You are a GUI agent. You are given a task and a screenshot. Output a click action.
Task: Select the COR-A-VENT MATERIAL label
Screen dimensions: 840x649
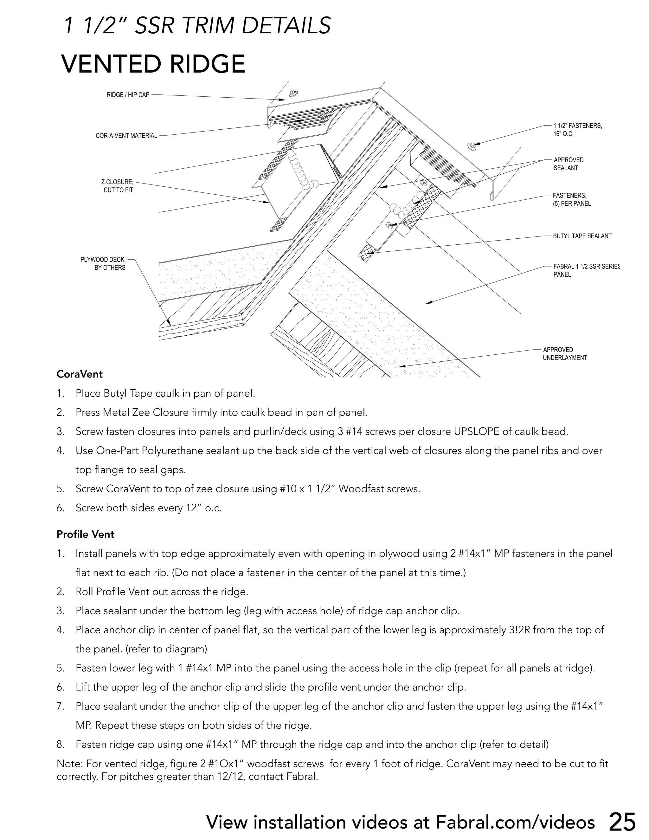(126, 136)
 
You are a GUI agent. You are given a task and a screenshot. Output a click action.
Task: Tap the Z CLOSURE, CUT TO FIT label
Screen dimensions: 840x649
(118, 186)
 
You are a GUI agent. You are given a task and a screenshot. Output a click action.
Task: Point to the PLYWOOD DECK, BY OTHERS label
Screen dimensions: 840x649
(103, 264)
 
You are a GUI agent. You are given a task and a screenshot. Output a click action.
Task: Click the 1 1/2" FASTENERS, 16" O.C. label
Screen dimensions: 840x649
(577, 130)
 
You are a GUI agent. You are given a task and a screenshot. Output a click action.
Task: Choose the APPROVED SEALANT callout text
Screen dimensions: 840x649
(568, 164)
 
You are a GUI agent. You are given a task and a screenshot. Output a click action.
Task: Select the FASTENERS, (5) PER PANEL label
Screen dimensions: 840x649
(571, 200)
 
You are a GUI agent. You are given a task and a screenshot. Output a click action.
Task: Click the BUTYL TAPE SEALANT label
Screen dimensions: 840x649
(582, 236)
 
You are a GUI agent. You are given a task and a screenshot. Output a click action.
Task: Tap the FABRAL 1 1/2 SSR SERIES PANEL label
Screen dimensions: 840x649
(586, 270)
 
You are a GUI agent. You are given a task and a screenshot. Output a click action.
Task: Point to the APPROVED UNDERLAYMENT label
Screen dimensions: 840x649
(564, 354)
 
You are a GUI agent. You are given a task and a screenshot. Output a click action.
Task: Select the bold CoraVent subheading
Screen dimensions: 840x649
(80, 374)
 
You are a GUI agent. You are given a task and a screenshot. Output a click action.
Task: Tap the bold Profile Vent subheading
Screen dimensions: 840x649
(85, 534)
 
